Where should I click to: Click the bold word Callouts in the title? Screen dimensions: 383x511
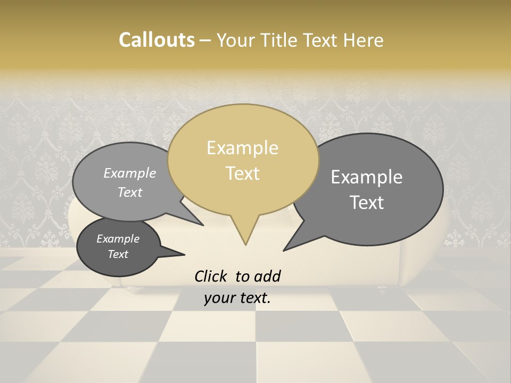pos(156,40)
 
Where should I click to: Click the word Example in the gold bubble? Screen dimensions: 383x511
pos(242,148)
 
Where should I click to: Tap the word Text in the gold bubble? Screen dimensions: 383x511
pos(243,173)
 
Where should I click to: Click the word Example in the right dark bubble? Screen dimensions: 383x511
pos(367,177)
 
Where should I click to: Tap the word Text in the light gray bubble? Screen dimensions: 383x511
pos(130,193)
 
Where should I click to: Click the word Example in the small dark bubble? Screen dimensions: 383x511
pos(118,239)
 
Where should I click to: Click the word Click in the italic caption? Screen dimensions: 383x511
pos(211,276)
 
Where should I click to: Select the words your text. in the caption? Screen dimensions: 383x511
pos(237,298)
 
